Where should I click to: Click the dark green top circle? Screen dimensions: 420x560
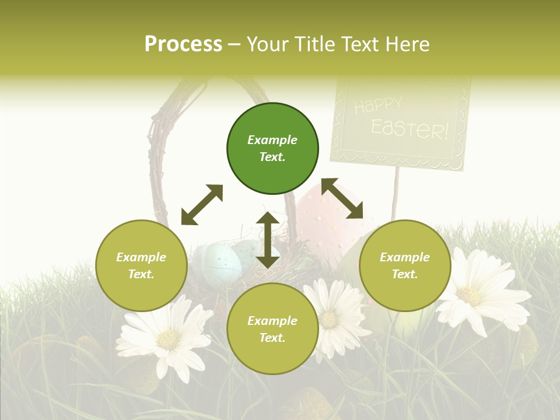(272, 149)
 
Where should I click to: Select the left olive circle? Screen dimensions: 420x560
(141, 265)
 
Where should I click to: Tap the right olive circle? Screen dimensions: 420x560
(405, 265)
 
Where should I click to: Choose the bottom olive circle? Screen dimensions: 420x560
(272, 329)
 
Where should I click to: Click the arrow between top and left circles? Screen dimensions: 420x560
(202, 205)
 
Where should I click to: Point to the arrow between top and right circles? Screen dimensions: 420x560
(342, 198)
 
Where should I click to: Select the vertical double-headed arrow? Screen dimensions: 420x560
(268, 240)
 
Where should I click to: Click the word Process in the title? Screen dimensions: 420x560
(183, 44)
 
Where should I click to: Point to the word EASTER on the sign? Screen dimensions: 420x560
(409, 128)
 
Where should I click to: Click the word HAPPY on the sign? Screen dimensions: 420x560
(378, 106)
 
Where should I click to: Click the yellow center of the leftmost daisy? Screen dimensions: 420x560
(169, 339)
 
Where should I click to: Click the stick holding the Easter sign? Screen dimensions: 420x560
(397, 192)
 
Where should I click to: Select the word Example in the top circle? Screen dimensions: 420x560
(272, 140)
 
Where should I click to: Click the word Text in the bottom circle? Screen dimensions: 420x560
(271, 338)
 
